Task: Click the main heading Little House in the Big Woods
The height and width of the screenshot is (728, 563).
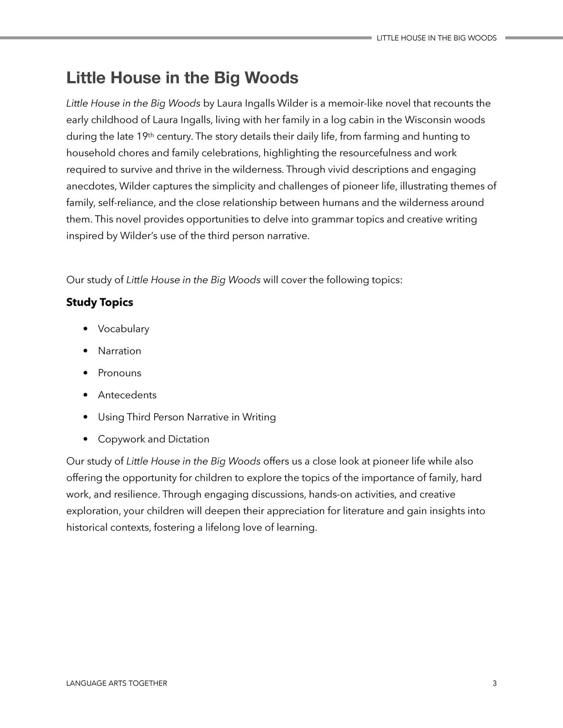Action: (x=182, y=78)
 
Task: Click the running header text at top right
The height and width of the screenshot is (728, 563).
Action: (x=436, y=38)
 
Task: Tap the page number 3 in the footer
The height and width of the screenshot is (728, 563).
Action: (x=494, y=683)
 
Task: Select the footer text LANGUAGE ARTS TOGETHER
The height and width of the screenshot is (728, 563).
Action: (x=116, y=683)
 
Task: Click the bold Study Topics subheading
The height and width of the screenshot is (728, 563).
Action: (x=99, y=302)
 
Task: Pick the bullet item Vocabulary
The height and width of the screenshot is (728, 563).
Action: (x=123, y=329)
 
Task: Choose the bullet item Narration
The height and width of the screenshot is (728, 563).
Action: (x=119, y=351)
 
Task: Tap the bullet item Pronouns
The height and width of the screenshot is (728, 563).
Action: (x=119, y=373)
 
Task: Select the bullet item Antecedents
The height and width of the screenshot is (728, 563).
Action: (x=127, y=395)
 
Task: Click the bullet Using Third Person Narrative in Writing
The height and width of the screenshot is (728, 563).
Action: (x=187, y=417)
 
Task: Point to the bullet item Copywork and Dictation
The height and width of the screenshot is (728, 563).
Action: (x=154, y=439)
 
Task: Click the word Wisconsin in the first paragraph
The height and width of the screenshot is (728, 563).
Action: (x=427, y=120)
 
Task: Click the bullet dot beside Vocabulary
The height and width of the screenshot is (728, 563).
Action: (x=86, y=329)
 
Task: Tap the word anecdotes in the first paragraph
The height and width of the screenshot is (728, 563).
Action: (x=90, y=186)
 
